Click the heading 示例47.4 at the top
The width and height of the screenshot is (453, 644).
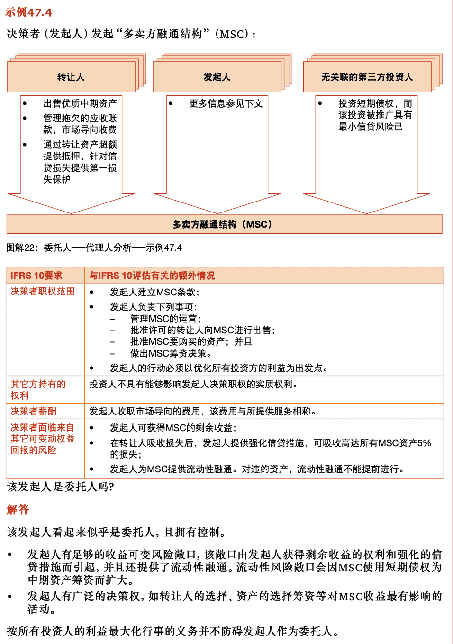28,12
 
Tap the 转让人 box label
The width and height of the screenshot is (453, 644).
71,77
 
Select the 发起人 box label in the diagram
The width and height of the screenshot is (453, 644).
217,77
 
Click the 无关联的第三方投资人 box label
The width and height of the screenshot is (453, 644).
367,77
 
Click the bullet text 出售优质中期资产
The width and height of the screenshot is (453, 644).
80,103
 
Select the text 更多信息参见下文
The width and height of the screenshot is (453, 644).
226,103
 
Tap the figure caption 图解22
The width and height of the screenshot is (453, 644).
94,248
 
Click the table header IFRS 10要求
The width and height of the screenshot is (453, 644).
36,276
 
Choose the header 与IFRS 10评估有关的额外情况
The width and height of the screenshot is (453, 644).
152,276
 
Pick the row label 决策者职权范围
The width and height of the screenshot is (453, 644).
43,291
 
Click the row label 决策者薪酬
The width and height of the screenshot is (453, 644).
33,411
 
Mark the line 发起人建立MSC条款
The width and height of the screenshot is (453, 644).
154,292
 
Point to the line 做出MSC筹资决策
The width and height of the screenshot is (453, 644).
171,353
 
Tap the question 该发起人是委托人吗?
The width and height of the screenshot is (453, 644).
60,487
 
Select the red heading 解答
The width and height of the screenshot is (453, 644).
18,509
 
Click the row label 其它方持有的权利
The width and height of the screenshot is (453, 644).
38,390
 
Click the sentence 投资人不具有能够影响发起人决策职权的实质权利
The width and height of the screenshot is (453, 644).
193,384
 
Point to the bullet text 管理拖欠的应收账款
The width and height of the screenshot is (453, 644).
80,124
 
